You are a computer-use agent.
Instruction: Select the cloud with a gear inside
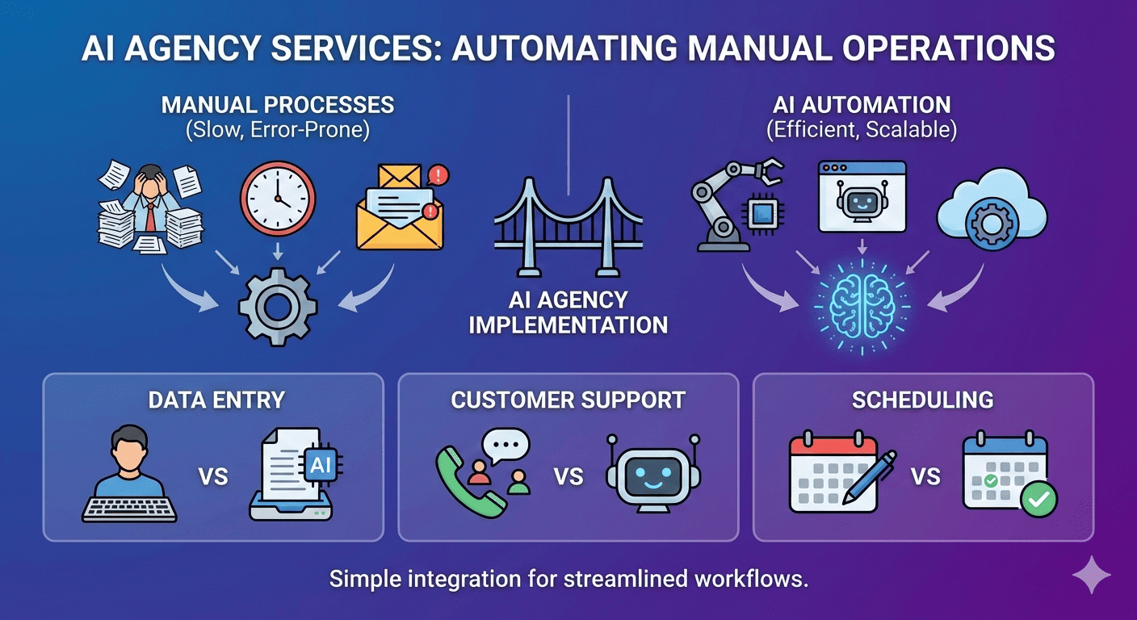coord(991,212)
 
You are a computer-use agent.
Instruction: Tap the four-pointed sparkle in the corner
coord(1091,574)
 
